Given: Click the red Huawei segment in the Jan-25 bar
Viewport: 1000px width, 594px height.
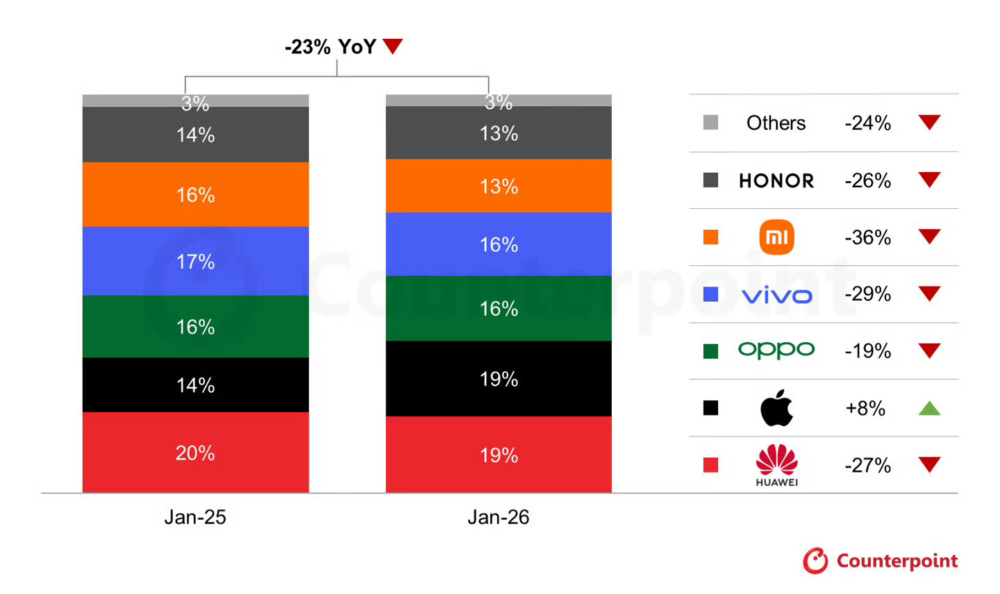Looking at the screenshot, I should pyautogui.click(x=195, y=452).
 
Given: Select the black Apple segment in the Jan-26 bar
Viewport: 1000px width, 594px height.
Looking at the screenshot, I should pyautogui.click(x=499, y=379).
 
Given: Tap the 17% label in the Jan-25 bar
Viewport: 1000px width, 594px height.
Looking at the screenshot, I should pyautogui.click(x=195, y=262).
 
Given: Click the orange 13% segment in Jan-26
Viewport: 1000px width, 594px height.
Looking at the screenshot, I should pyautogui.click(x=499, y=186).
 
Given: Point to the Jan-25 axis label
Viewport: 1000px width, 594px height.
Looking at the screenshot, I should pyautogui.click(x=195, y=517).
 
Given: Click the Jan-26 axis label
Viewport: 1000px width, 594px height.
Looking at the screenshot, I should pyautogui.click(x=499, y=517).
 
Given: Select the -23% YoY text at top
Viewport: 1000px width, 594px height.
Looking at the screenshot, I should pyautogui.click(x=331, y=46).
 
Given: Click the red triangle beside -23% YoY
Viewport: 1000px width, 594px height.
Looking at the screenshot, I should pyautogui.click(x=392, y=46).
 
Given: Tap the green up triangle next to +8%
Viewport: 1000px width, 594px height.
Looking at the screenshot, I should pyautogui.click(x=929, y=408).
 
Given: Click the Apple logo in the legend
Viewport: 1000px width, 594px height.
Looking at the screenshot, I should pyautogui.click(x=776, y=407).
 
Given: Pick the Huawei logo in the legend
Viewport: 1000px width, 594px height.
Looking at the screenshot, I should pyautogui.click(x=776, y=464).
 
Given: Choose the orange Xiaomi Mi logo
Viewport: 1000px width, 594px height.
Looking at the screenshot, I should pyautogui.click(x=776, y=237).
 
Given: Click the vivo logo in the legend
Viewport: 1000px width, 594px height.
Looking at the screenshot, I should pyautogui.click(x=776, y=296).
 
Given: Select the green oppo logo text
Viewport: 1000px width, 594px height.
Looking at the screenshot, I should pyautogui.click(x=776, y=350).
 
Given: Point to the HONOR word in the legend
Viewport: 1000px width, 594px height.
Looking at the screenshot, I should pyautogui.click(x=776, y=181).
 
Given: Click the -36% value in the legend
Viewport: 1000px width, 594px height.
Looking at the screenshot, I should pyautogui.click(x=867, y=237).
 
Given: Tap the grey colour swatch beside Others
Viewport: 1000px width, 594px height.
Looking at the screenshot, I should pyautogui.click(x=710, y=123).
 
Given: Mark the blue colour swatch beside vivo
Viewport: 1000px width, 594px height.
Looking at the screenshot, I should pyautogui.click(x=710, y=294).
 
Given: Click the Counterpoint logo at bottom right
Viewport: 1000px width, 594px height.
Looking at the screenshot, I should pyautogui.click(x=881, y=561).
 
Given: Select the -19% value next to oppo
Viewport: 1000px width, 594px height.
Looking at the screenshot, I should pyautogui.click(x=867, y=351).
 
